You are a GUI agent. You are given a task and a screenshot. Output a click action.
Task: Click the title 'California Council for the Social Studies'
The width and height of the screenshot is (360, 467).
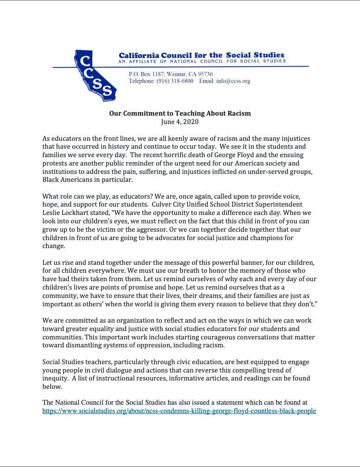point(202,55)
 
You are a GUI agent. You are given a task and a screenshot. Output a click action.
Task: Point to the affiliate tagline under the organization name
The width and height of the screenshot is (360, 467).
point(202,61)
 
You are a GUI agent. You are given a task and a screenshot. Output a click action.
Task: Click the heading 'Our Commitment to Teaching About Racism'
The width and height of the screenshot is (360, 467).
point(180,113)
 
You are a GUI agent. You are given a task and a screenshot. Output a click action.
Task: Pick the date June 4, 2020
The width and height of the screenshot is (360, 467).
point(180,121)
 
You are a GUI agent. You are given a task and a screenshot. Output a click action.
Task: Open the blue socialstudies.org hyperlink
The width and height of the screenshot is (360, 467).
point(179,411)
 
